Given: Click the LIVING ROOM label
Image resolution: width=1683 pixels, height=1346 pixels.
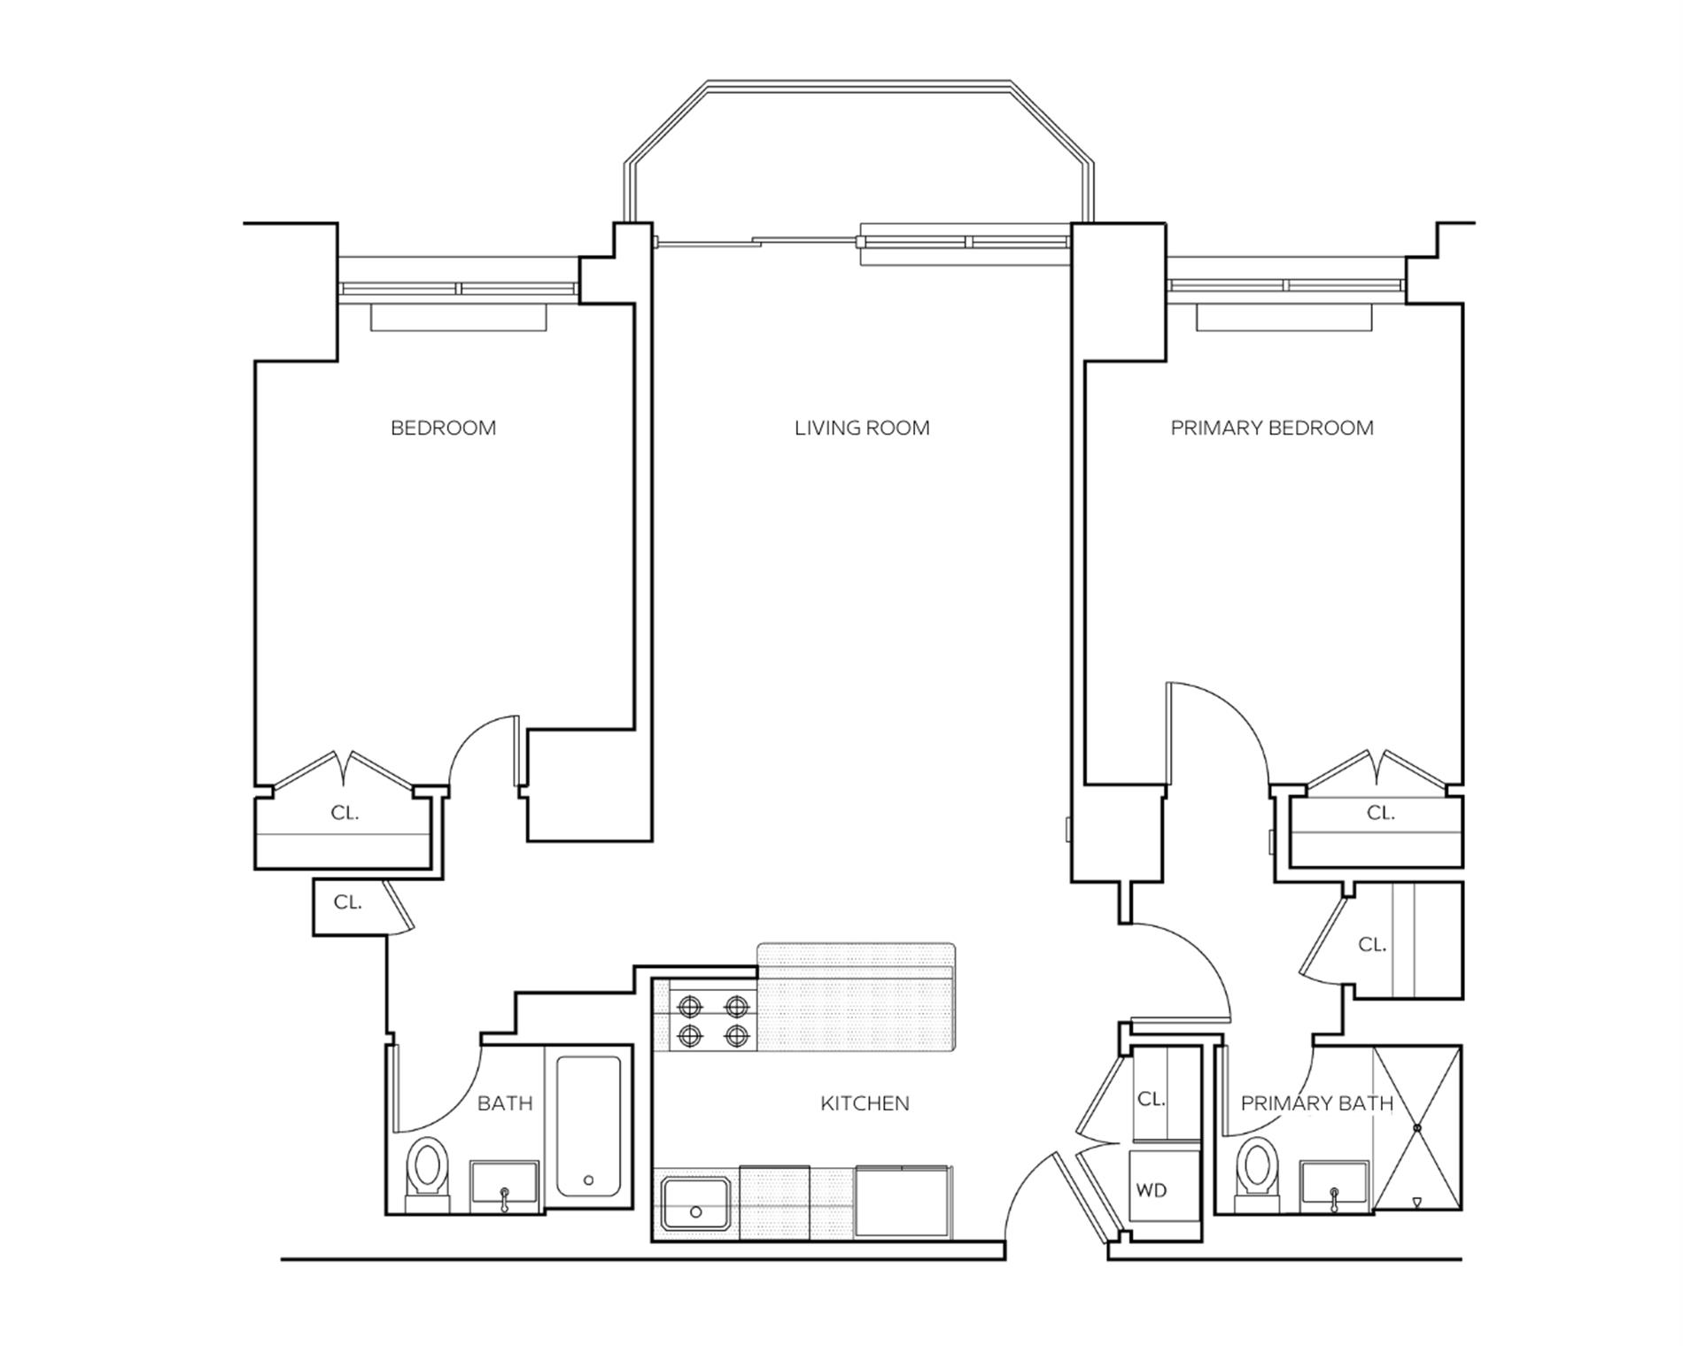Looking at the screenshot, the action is [862, 429].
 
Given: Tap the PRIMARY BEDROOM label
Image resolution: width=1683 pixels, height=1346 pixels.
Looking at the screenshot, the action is [1272, 429].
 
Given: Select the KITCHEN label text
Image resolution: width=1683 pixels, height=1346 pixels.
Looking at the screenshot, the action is [865, 1103].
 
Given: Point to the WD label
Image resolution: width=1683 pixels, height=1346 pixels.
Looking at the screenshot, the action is [1152, 1191].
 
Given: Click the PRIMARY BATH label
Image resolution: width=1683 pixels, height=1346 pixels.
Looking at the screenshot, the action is [1316, 1103].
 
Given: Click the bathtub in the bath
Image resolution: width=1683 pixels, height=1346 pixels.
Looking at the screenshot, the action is [588, 1126].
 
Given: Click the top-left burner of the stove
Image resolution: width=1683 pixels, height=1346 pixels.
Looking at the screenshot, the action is [690, 1007].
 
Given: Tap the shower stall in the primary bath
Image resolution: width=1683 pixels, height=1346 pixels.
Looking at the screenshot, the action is [1416, 1127].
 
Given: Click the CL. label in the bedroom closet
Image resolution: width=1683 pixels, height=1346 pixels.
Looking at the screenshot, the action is [345, 813].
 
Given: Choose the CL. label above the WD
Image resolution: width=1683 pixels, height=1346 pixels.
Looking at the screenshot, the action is [1151, 1099].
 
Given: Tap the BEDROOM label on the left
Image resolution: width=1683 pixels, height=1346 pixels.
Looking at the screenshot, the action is [443, 429].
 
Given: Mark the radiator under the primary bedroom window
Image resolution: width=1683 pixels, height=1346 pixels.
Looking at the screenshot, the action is [1284, 317].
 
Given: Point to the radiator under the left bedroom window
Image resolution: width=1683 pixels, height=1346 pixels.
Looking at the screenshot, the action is [458, 317].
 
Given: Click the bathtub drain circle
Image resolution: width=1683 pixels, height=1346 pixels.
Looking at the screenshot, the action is [588, 1180].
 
